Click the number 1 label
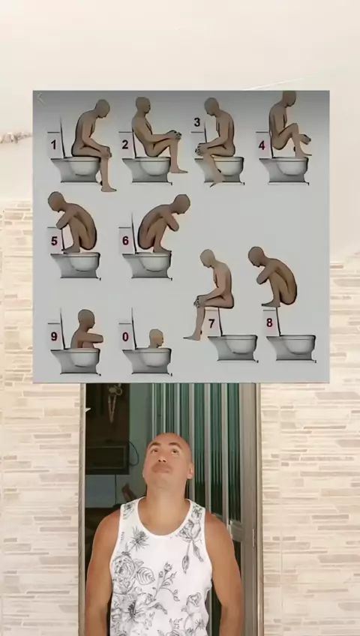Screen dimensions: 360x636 (53, 145)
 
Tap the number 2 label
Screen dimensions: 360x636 (124, 144)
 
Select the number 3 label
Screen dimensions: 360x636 (197, 122)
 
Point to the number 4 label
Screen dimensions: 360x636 (262, 145)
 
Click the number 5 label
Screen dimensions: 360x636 (54, 241)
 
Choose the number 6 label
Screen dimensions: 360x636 (125, 241)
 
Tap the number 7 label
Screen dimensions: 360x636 (211, 323)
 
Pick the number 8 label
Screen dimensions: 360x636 (269, 322)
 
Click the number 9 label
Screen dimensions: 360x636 (54, 336)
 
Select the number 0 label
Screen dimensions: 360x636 (125, 337)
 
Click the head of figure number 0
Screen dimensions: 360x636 (156, 337)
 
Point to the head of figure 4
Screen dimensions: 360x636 (289, 97)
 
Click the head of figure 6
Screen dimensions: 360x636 (181, 202)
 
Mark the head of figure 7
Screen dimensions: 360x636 (208, 257)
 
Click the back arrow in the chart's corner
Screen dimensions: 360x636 (40, 97)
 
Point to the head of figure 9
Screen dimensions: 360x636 (86, 317)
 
